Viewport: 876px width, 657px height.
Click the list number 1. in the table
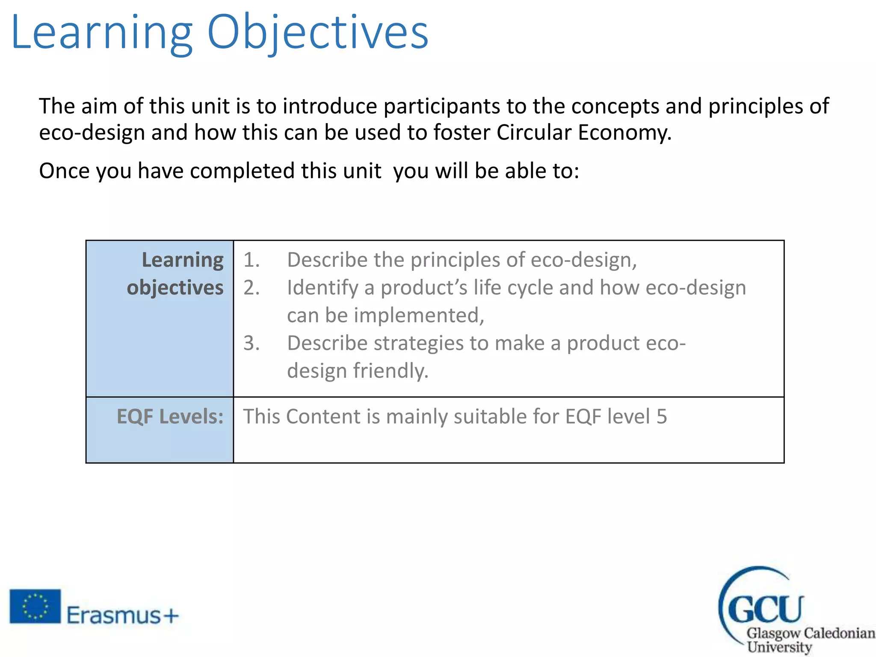252,260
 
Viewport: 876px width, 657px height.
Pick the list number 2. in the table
252,288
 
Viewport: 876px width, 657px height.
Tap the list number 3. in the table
252,343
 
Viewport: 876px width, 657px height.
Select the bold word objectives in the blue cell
175,288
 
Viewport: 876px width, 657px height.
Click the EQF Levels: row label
170,417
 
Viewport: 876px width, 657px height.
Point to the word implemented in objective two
419,316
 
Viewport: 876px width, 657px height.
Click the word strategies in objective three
418,343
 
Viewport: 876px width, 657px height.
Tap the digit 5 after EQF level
662,417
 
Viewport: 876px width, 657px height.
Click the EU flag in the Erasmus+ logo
35,606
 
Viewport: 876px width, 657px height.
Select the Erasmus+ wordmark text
122,616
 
